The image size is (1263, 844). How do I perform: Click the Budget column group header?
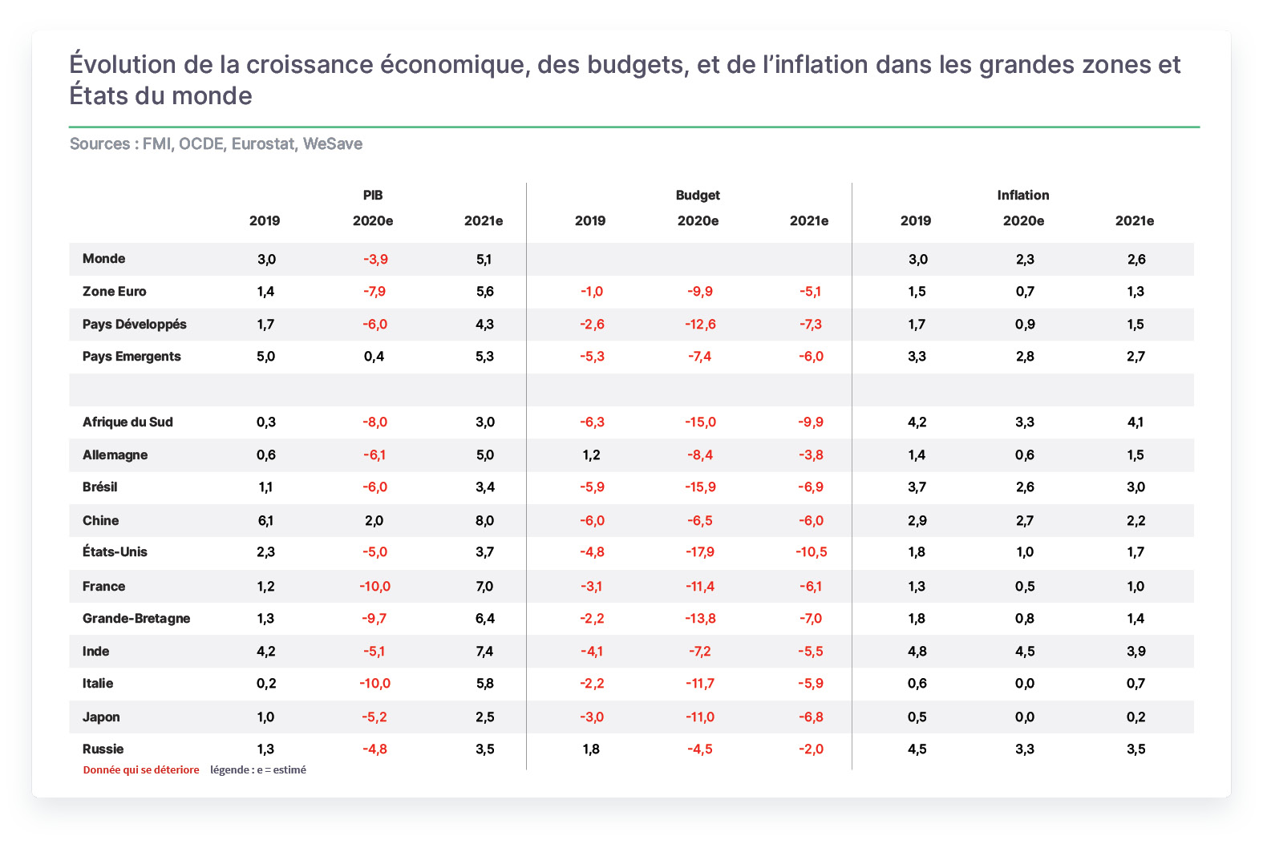coord(698,195)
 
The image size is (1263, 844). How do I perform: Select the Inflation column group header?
coord(1022,195)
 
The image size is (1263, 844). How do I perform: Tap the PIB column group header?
coord(373,195)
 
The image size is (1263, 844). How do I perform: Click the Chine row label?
coord(100,520)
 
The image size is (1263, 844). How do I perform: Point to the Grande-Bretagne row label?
coord(136,618)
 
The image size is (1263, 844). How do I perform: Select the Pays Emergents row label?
coord(132,356)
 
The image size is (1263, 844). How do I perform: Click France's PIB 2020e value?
coord(374,586)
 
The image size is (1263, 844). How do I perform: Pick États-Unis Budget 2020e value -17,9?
coord(700,551)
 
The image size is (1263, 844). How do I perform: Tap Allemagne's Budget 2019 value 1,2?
coord(591,454)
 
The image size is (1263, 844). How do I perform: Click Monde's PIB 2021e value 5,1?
coord(484,259)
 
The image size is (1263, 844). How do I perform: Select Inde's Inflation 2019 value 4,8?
coord(917,651)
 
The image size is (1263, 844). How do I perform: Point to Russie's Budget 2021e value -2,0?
coord(811,749)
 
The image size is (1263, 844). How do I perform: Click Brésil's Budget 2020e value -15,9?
coord(700,487)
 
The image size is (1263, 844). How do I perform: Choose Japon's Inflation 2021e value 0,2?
coord(1135,717)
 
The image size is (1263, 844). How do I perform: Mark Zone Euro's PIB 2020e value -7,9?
coord(374,291)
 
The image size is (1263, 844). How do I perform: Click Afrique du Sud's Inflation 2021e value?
coord(1135,422)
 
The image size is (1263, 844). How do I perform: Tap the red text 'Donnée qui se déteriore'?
coord(141,769)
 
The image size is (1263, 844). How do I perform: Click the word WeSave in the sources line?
coord(333,143)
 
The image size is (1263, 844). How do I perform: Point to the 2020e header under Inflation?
coord(1022,221)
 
